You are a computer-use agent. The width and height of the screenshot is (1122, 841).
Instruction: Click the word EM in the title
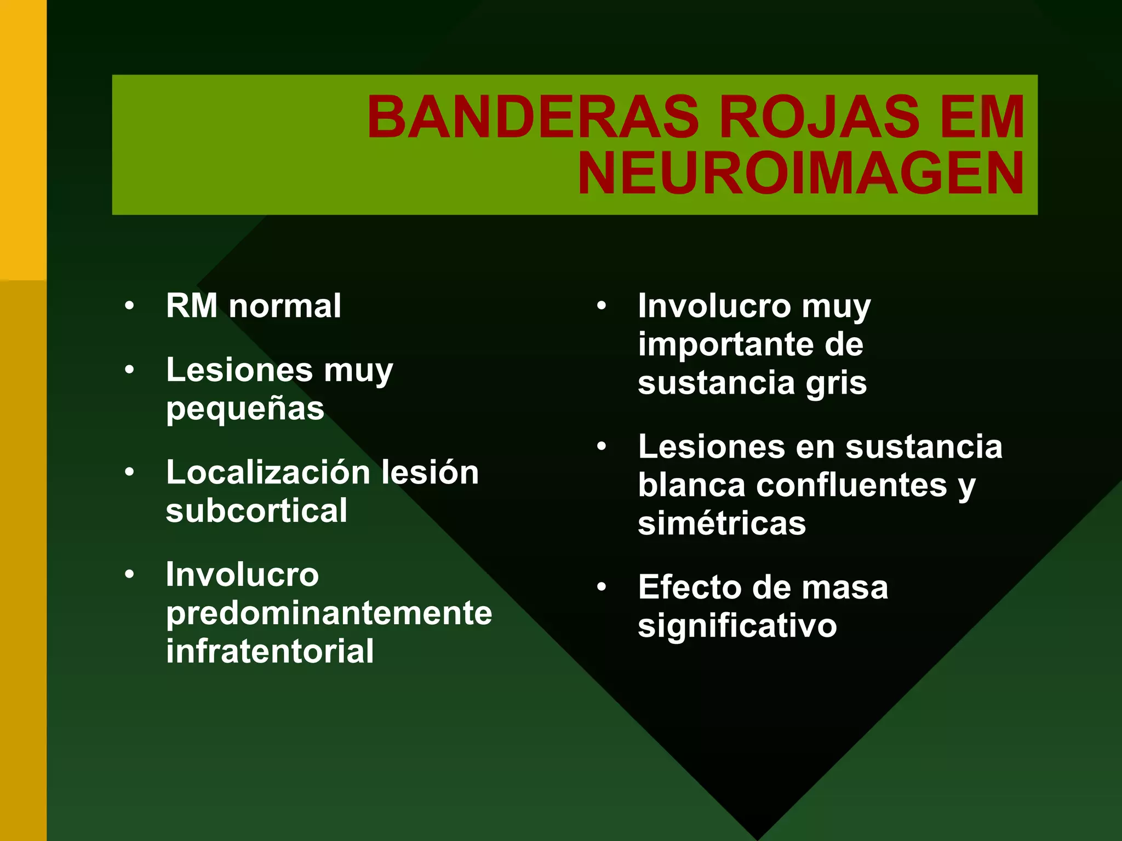pos(983,117)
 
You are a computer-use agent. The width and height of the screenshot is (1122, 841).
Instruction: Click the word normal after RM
pos(285,306)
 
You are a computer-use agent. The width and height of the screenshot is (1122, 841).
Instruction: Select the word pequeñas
pos(245,409)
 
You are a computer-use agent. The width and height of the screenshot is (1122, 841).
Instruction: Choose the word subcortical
pos(256,510)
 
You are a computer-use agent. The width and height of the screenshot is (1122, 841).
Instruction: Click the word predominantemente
pos(329,613)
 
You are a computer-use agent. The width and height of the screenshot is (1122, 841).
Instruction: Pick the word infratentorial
pos(270,651)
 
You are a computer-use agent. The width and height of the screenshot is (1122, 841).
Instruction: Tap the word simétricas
pos(722,523)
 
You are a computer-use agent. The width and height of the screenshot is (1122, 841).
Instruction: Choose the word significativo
pos(737,626)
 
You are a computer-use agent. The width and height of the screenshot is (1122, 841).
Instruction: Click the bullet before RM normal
pos(129,306)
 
